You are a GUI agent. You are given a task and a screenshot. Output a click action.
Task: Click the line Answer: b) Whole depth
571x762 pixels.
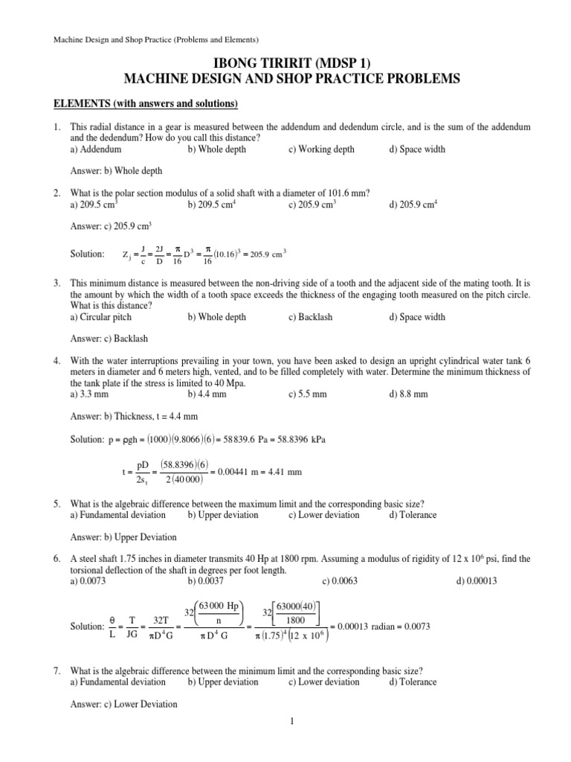tap(116, 170)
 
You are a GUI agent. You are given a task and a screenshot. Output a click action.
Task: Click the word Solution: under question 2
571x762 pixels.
tap(87, 254)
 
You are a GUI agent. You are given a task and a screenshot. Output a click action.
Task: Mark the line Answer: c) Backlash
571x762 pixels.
tap(109, 339)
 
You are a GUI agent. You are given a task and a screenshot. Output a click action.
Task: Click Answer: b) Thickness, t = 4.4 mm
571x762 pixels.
tap(134, 416)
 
